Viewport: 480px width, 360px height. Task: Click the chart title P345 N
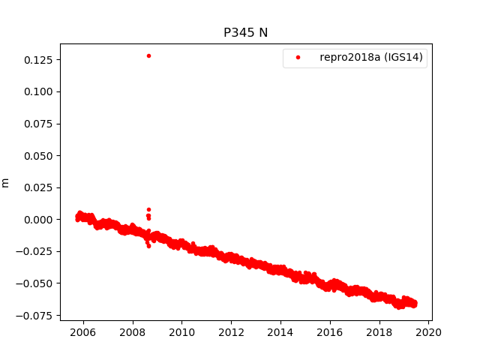[245, 32]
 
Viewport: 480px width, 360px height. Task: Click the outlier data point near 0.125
[148, 55]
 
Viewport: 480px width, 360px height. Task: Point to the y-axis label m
[6, 182]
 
